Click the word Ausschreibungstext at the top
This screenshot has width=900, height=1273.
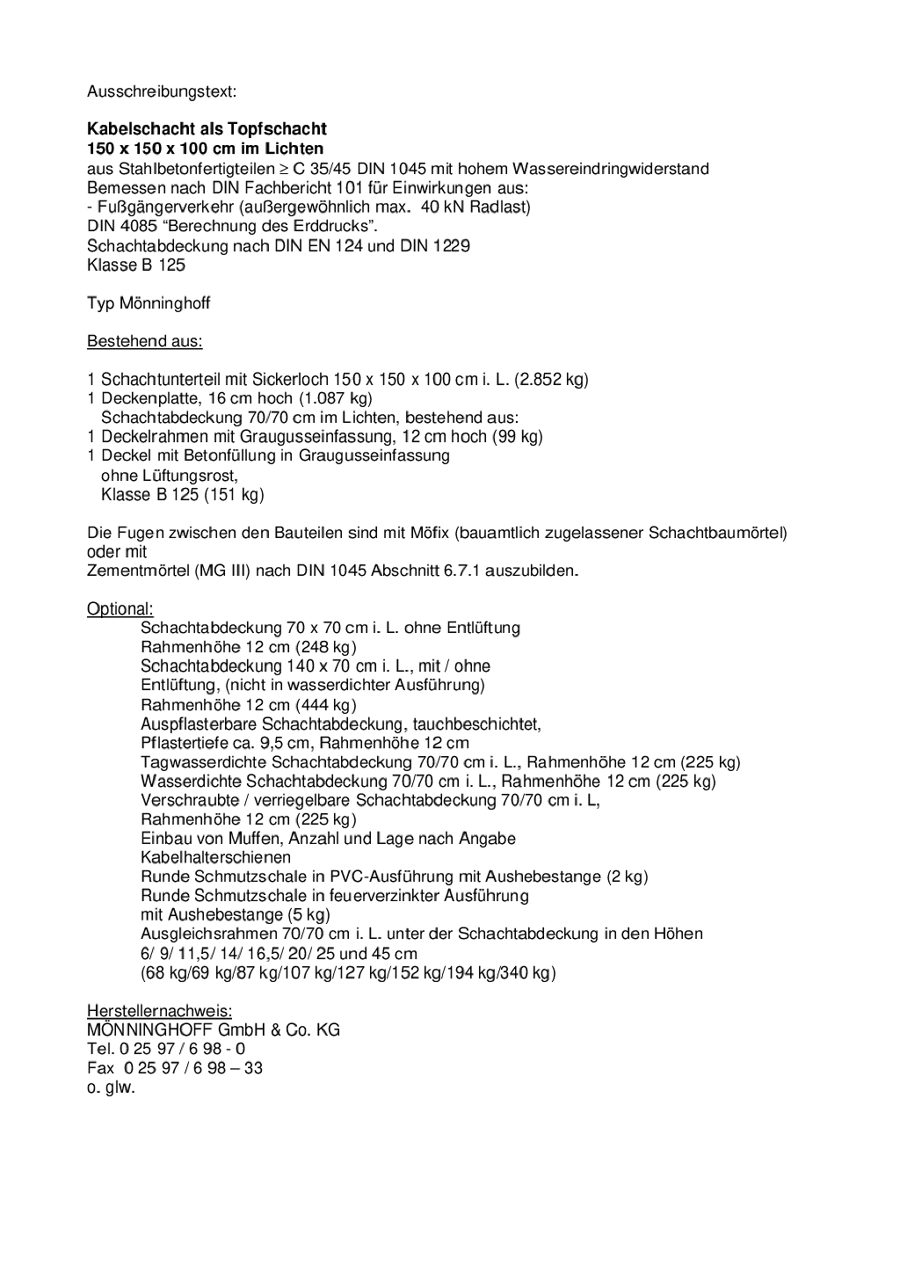coord(161,91)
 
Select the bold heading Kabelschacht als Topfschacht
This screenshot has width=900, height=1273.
coord(207,129)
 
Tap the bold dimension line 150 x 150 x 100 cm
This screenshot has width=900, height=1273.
coord(206,149)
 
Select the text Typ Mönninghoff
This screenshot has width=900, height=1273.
coord(149,303)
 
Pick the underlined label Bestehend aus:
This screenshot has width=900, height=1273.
coord(144,341)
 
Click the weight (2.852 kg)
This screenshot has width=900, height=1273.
coord(552,380)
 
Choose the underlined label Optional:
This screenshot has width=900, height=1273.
coord(120,608)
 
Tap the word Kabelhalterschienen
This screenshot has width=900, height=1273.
coord(215,857)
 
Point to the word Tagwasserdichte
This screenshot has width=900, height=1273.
coord(204,762)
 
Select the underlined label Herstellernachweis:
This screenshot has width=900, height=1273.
coord(159,1011)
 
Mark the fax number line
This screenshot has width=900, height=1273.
coord(175,1068)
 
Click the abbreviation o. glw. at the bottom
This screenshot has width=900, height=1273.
coord(111,1088)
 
